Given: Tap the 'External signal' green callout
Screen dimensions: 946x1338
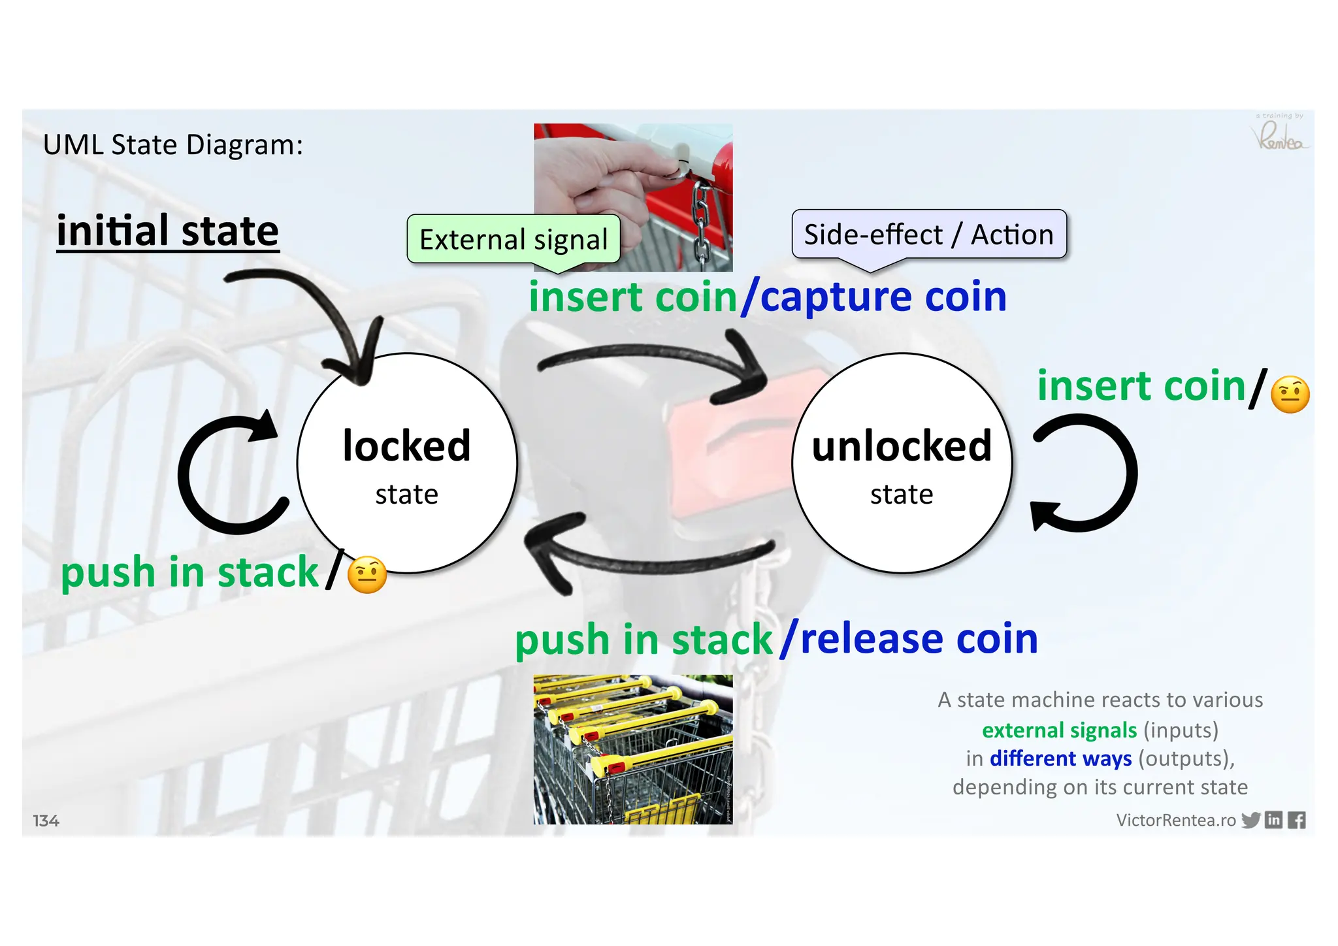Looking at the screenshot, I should (514, 240).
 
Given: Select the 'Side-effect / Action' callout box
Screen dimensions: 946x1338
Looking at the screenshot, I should (928, 235).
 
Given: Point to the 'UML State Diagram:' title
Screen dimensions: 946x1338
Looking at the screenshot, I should (173, 144).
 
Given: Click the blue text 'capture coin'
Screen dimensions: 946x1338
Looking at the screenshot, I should (883, 297).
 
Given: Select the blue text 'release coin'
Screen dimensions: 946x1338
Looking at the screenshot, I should (919, 639).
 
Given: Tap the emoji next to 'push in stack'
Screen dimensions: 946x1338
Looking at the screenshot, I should (367, 575).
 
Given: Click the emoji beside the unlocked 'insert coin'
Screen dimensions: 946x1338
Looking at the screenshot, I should (1290, 395).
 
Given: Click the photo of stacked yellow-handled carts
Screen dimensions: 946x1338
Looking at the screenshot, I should (632, 749).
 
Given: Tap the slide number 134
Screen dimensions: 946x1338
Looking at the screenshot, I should (46, 821).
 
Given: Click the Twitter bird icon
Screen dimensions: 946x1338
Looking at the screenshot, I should (1250, 820).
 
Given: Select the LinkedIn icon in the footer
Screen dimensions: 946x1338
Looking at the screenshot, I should (1273, 820).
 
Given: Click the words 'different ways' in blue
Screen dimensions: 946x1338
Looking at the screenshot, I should (1060, 758).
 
